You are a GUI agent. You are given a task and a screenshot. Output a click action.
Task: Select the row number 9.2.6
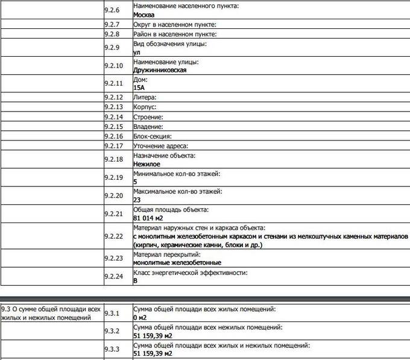pyautogui.click(x=112, y=10)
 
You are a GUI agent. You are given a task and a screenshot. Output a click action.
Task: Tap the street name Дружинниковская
pyautogui.click(x=160, y=70)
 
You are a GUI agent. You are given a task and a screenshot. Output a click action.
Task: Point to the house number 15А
pyautogui.click(x=139, y=87)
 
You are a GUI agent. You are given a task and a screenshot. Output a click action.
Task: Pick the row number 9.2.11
pyautogui.click(x=113, y=83)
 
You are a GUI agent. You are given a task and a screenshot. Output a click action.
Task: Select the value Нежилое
pyautogui.click(x=147, y=163)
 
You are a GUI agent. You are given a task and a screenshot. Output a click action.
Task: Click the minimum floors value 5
pyautogui.click(x=136, y=182)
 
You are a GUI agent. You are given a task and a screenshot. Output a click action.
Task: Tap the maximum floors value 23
pyautogui.click(x=137, y=199)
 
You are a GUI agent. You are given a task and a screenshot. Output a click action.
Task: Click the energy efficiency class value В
pyautogui.click(x=136, y=280)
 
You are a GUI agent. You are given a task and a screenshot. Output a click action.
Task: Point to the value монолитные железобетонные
pyautogui.click(x=177, y=262)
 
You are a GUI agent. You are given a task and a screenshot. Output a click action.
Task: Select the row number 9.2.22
pyautogui.click(x=113, y=236)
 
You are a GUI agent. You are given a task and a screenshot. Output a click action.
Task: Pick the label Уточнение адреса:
pyautogui.click(x=161, y=146)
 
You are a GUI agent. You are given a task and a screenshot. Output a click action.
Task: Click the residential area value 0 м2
pyautogui.click(x=140, y=317)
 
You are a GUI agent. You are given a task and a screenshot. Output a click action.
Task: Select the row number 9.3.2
pyautogui.click(x=112, y=330)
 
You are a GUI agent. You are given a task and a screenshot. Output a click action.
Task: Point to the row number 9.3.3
pyautogui.click(x=112, y=349)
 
